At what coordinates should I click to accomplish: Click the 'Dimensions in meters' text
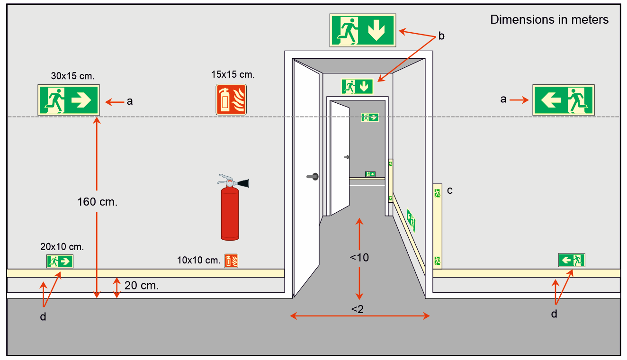click(549, 19)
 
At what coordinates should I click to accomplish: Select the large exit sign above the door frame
click(363, 30)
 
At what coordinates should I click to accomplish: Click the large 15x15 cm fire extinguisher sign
click(231, 99)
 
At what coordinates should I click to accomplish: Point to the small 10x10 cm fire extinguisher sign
click(231, 261)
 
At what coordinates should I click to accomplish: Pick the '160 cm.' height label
click(97, 202)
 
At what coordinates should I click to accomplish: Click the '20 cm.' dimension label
click(142, 286)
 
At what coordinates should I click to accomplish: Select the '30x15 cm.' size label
click(72, 76)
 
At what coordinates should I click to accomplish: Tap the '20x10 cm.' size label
click(62, 247)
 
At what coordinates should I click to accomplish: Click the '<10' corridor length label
click(359, 258)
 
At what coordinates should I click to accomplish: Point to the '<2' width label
click(357, 309)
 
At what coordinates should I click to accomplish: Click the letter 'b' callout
click(441, 36)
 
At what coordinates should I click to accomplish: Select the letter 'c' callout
click(449, 190)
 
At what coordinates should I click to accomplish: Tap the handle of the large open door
click(313, 177)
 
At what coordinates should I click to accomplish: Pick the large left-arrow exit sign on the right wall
click(564, 100)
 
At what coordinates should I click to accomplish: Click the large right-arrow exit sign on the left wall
click(69, 100)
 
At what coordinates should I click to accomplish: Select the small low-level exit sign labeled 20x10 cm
click(60, 261)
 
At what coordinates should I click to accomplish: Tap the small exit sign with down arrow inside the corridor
click(357, 87)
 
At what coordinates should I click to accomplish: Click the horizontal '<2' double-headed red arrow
click(360, 316)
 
